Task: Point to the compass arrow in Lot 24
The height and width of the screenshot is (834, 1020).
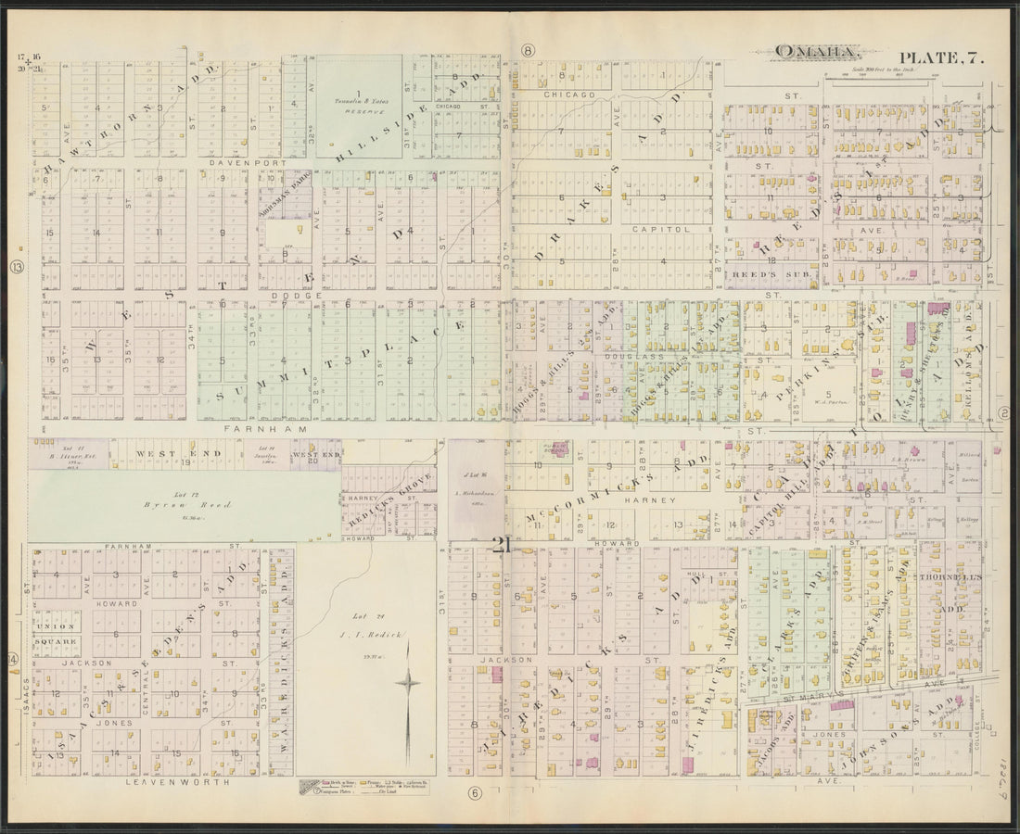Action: (408, 683)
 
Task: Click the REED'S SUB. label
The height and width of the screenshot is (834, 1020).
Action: (759, 274)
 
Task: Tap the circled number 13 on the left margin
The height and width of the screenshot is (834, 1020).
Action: (17, 268)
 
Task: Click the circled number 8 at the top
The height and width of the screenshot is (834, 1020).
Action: (528, 50)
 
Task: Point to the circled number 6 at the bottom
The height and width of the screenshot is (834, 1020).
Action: (476, 793)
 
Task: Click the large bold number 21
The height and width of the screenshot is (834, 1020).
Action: (502, 545)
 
